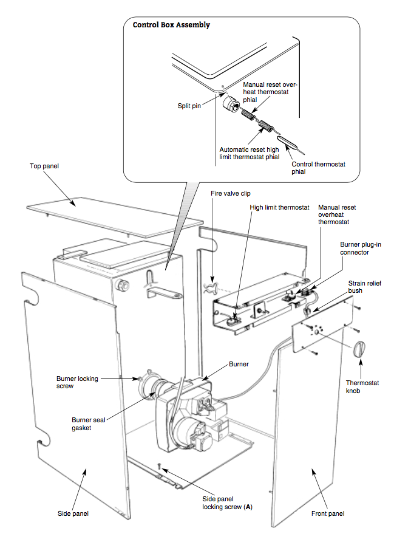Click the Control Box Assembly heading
click(171, 25)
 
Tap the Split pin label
click(188, 105)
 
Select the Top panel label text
click(44, 165)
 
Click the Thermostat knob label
click(362, 387)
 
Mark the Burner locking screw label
click(77, 382)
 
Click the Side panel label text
click(73, 513)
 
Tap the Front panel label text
click(328, 513)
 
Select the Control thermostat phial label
click(317, 168)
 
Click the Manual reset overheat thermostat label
click(337, 214)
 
